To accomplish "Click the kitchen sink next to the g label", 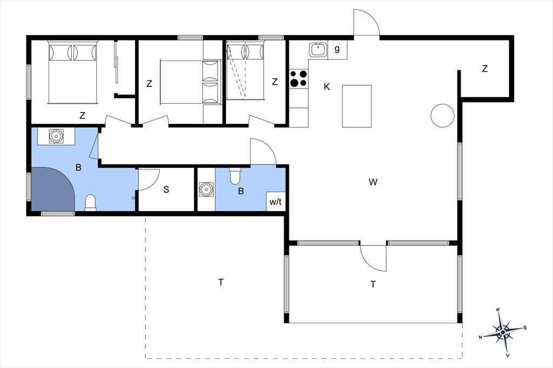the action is (x=319, y=50).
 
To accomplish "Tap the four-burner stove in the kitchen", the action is (x=298, y=78).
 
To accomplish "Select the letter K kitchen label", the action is (x=327, y=87).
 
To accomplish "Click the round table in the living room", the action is (x=442, y=115).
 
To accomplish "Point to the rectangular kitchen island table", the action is (x=356, y=106).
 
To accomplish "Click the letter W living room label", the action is (x=373, y=182).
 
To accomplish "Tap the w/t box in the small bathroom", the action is (x=276, y=202).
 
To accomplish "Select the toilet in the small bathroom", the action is (x=235, y=176).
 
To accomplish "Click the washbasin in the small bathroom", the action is (x=206, y=189).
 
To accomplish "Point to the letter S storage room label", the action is (x=166, y=189).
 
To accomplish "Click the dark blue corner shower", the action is (x=52, y=188).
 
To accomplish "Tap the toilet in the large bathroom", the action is (x=91, y=203).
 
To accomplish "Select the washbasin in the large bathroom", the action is (x=56, y=136).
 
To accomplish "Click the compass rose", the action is (x=503, y=332).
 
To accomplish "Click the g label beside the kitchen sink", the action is (x=337, y=49).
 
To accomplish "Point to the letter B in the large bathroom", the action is (x=78, y=167).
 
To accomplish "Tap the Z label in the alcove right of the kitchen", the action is (x=485, y=69).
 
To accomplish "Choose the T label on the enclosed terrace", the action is (x=373, y=284).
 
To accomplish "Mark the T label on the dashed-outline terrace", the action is (x=221, y=282).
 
